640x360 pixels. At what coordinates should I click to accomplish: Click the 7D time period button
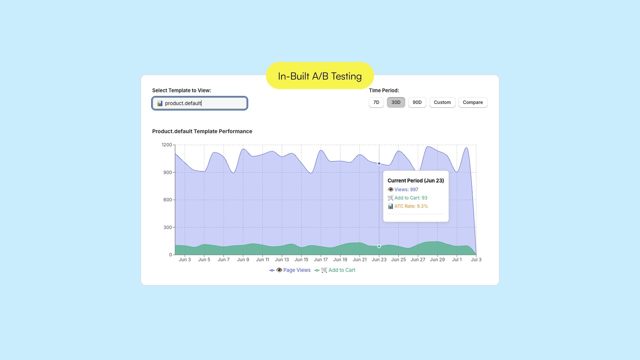click(x=376, y=102)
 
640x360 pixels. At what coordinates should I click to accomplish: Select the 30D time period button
click(x=396, y=102)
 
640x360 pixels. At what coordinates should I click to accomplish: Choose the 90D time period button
click(x=417, y=102)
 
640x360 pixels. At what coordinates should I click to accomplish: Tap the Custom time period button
click(x=442, y=102)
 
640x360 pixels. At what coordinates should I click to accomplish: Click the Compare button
click(x=473, y=102)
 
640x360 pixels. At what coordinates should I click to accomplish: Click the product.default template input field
click(x=200, y=103)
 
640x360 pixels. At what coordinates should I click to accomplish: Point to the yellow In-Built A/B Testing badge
click(x=320, y=76)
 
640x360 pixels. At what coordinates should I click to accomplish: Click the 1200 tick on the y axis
click(x=167, y=145)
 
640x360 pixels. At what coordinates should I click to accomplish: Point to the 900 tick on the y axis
click(x=168, y=172)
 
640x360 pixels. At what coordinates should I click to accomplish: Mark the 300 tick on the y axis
click(x=168, y=227)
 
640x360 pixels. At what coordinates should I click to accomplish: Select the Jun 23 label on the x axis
click(x=379, y=260)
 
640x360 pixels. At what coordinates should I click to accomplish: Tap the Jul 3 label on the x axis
click(x=476, y=260)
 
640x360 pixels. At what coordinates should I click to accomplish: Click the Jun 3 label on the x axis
click(x=185, y=260)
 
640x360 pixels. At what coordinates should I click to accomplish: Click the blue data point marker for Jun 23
click(x=379, y=164)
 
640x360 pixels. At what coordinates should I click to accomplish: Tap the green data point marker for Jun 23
click(x=379, y=246)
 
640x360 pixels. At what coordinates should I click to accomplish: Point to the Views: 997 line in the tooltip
click(x=406, y=189)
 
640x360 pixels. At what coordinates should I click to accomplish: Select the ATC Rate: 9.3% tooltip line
click(x=411, y=206)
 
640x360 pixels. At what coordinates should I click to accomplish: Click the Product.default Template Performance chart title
click(x=202, y=131)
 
